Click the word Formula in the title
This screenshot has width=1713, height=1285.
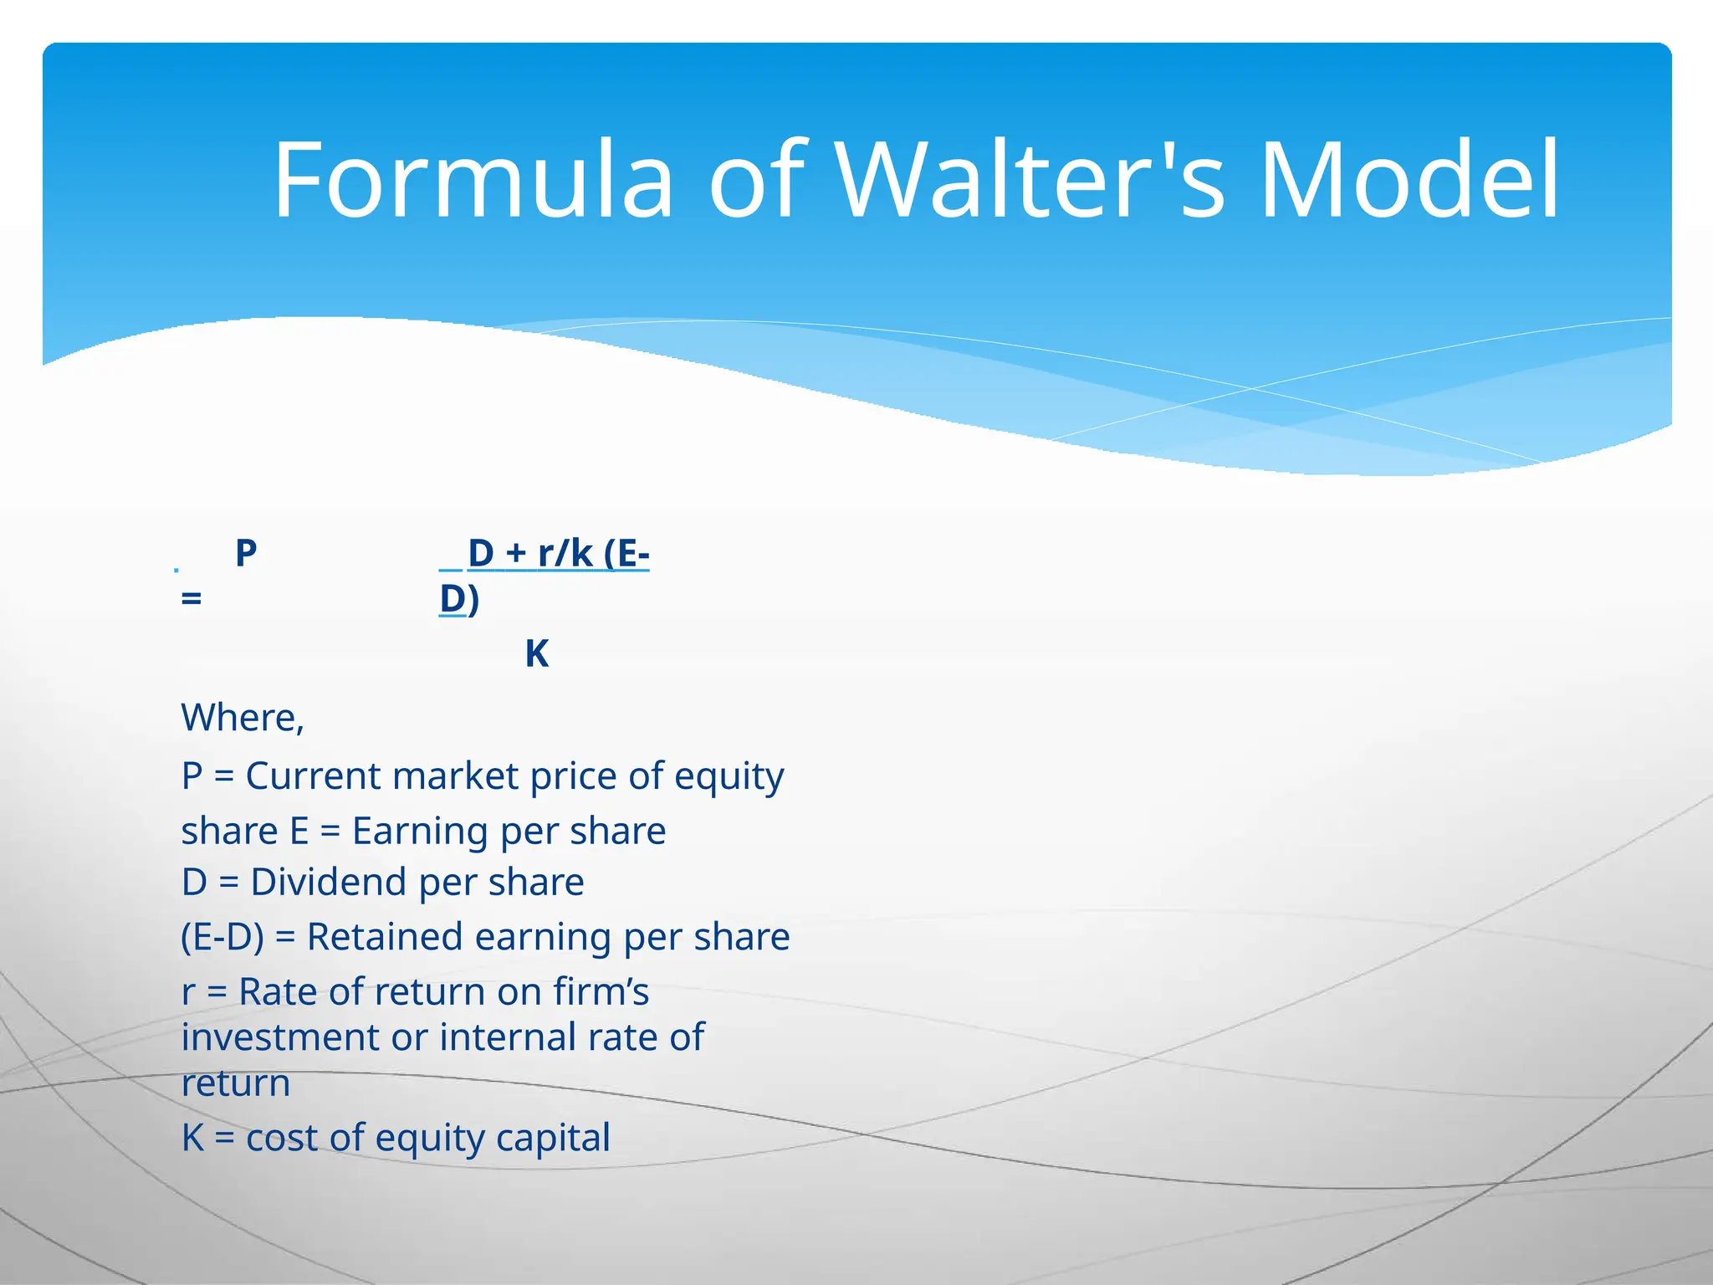click(473, 180)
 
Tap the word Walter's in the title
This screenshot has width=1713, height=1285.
click(1030, 180)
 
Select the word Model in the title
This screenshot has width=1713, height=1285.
click(1409, 180)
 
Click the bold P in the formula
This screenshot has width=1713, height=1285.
click(245, 553)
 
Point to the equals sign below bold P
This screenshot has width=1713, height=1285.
click(192, 599)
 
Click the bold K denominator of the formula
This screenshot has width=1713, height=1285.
click(537, 654)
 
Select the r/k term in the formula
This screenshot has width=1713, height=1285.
click(565, 553)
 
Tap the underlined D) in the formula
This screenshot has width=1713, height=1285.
click(459, 599)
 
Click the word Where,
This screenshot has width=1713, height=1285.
click(243, 718)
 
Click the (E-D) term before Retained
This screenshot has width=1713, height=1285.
click(222, 937)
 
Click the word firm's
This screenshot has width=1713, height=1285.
click(601, 992)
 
